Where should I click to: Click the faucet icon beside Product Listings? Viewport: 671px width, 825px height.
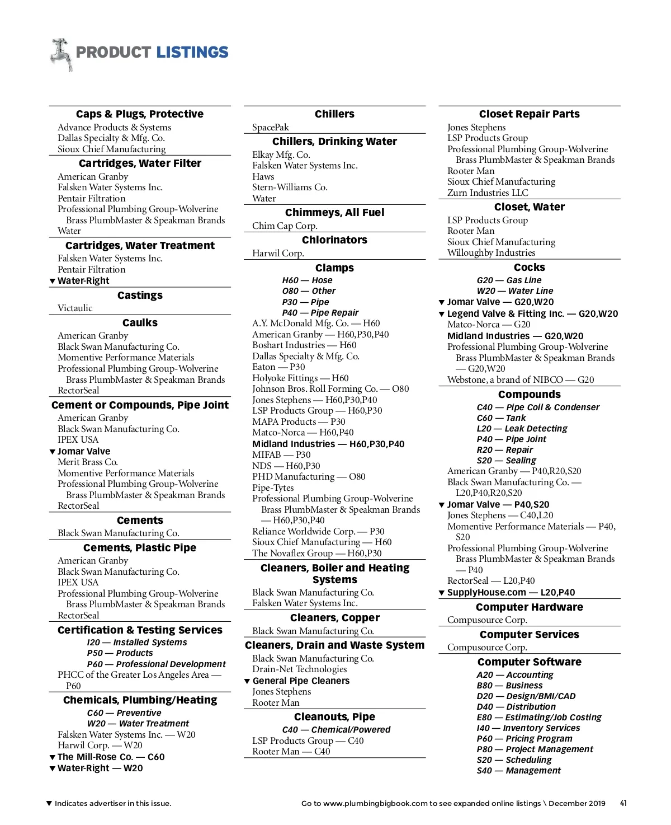point(62,54)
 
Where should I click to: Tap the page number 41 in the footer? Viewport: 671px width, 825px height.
point(623,803)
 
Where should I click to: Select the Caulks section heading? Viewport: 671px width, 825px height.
point(140,323)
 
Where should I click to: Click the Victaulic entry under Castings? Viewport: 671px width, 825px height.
point(75,308)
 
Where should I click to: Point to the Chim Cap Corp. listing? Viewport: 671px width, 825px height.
point(285,226)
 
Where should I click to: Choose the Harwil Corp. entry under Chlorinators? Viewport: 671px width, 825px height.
point(278,253)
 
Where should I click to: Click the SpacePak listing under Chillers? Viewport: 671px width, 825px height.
point(271,127)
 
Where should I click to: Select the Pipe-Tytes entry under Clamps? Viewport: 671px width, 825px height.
point(273,487)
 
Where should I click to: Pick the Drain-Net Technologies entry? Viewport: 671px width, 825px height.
point(299,669)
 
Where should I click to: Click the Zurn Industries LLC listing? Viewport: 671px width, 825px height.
point(488,193)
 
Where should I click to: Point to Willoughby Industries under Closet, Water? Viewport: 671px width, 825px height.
point(491,252)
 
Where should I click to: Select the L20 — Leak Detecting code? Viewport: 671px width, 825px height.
point(522,429)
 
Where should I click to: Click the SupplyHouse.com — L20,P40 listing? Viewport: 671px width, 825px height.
point(511,592)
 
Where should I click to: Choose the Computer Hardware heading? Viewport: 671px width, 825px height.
point(529,607)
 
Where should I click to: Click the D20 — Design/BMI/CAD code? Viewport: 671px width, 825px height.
point(526,696)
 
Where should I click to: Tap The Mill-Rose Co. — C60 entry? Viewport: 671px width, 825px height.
point(111,757)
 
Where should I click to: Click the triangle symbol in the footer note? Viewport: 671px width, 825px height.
point(49,804)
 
